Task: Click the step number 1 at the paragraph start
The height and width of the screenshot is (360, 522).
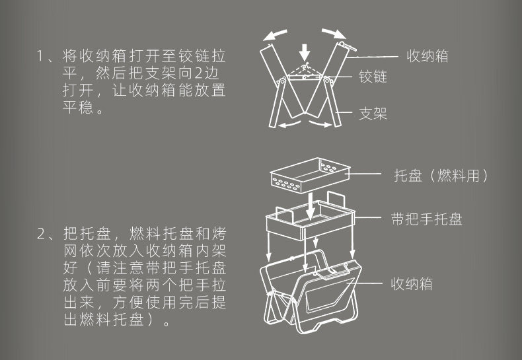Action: [x=41, y=55]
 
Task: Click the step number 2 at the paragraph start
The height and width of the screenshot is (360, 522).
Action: [x=42, y=234]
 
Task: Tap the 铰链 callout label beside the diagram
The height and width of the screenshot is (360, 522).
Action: [x=373, y=77]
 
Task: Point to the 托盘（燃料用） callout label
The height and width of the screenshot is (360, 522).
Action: [x=441, y=176]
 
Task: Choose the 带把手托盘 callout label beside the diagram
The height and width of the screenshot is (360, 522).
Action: [x=426, y=219]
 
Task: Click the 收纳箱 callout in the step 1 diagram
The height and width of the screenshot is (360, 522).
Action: [x=427, y=55]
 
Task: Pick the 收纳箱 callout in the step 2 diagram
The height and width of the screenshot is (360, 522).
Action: [x=412, y=284]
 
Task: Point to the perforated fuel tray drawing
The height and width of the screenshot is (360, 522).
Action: [x=309, y=173]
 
